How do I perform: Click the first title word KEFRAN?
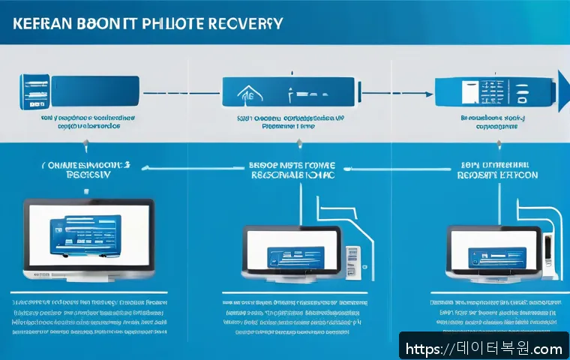[46, 22]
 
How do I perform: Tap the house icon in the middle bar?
[244, 94]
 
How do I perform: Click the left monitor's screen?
[88, 232]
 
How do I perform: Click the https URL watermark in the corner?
[484, 349]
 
